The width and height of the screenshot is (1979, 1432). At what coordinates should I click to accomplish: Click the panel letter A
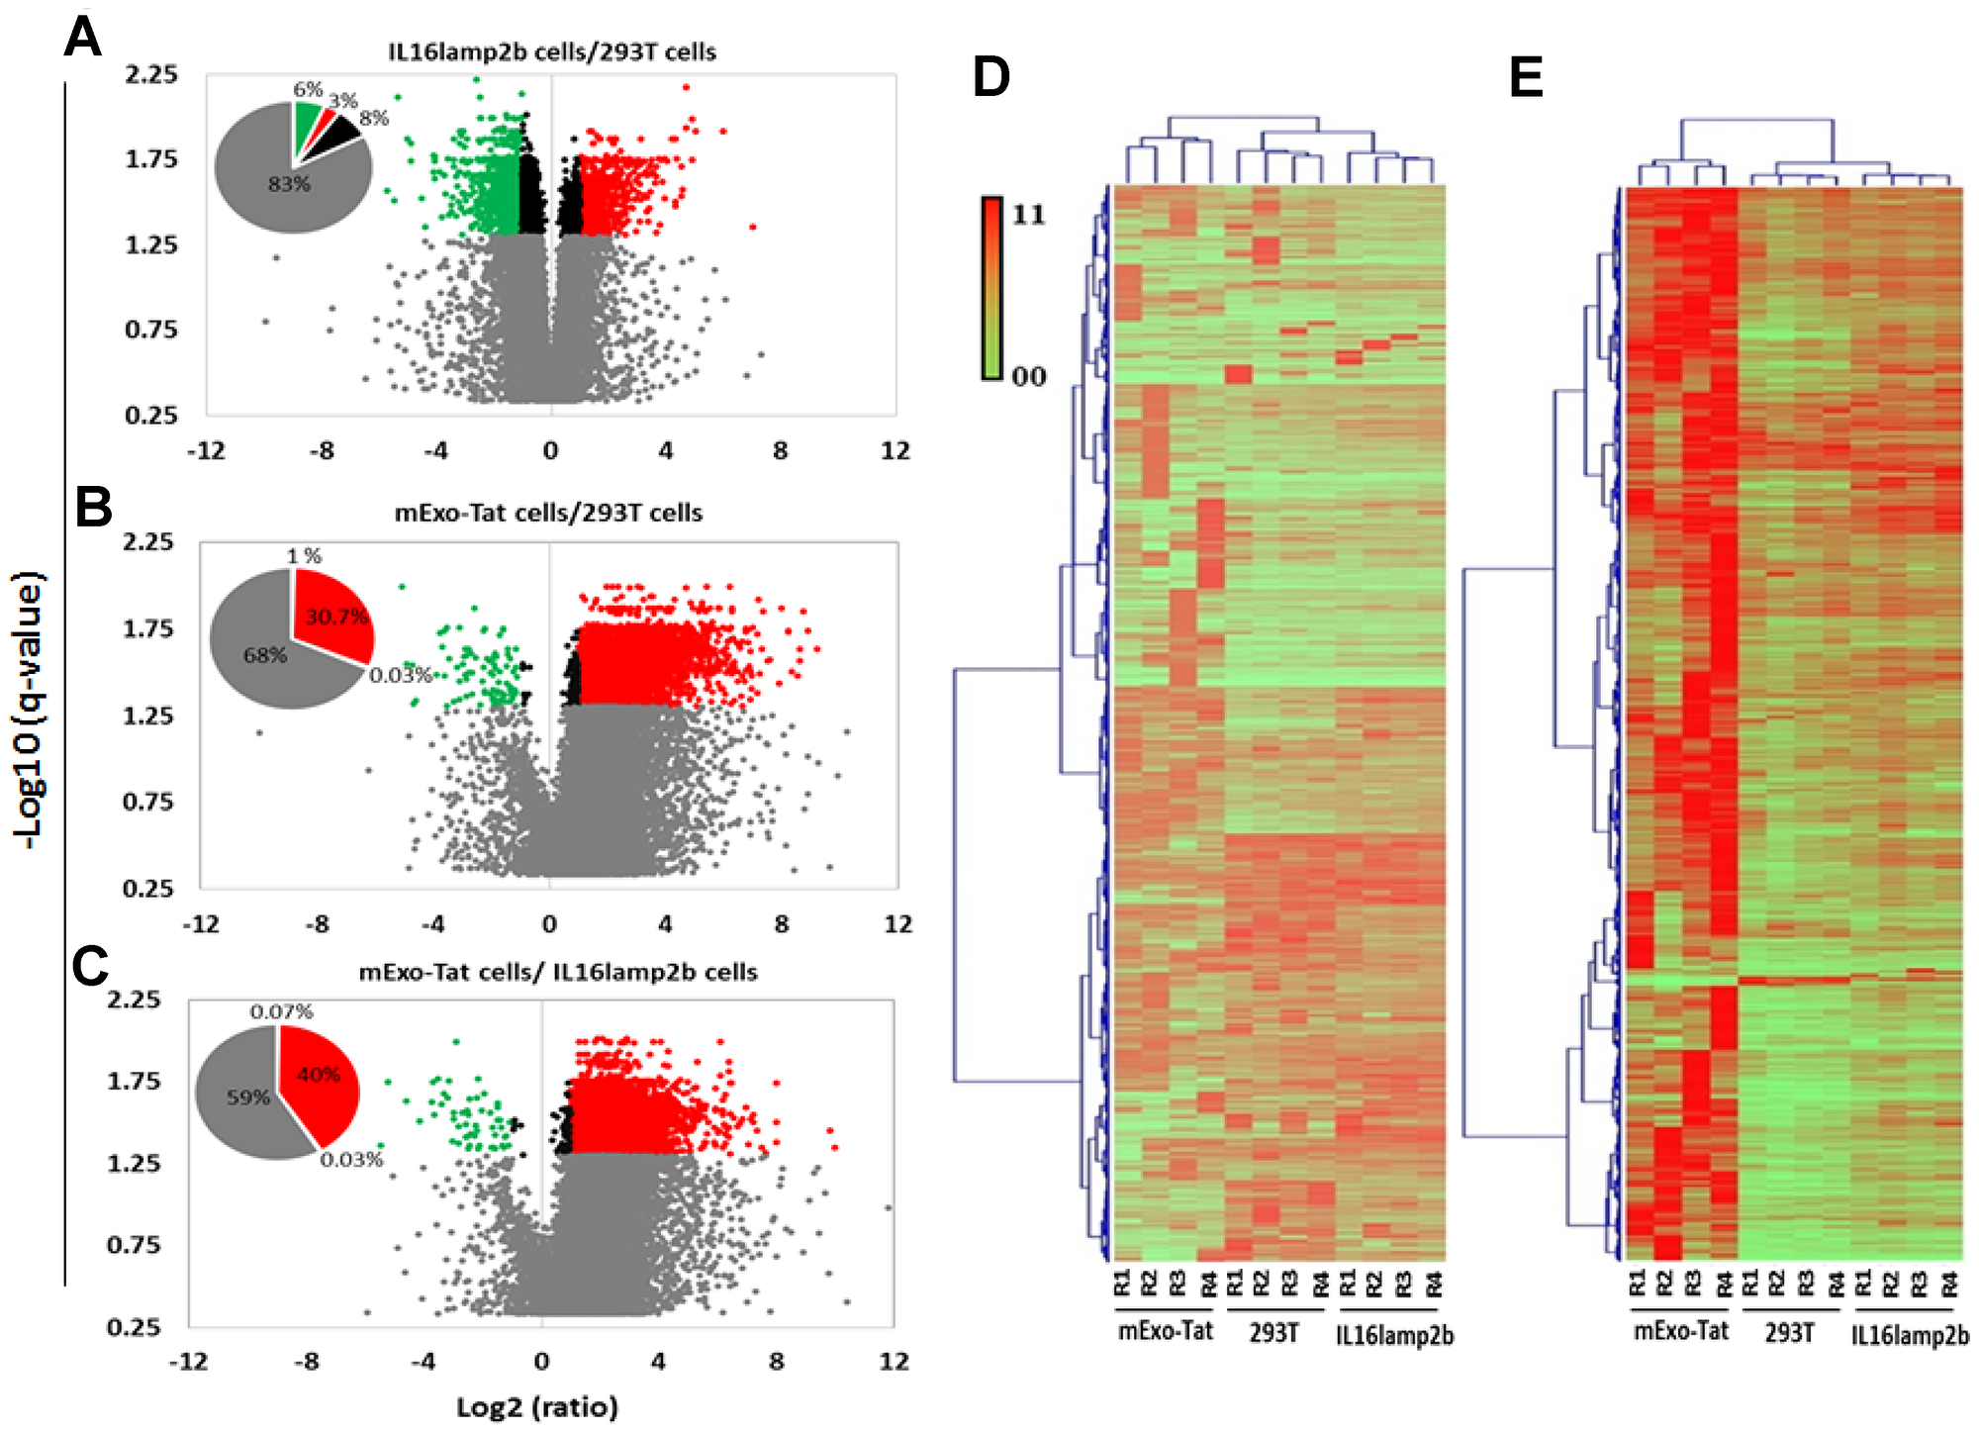[82, 39]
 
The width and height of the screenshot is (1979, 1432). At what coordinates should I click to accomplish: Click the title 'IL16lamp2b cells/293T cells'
[551, 51]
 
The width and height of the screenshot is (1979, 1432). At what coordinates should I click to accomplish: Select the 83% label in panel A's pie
[289, 184]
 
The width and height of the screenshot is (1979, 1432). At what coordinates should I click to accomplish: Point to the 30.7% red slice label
[336, 617]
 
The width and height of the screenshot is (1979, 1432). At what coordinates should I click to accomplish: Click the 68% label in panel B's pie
[265, 655]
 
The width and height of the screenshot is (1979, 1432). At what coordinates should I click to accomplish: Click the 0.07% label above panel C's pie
[281, 1011]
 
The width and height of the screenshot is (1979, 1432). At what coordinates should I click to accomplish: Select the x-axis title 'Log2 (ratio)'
[536, 1406]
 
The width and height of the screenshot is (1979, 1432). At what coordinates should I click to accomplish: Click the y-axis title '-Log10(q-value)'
[30, 709]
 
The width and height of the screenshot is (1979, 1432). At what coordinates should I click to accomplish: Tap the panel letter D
[990, 77]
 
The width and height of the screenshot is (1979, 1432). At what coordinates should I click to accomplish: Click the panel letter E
[1526, 77]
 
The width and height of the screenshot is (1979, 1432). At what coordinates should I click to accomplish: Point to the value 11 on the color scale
[1028, 215]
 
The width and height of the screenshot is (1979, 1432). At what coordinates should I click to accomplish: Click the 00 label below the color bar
[1028, 377]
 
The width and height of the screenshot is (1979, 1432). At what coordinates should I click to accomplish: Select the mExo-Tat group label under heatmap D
[1165, 1331]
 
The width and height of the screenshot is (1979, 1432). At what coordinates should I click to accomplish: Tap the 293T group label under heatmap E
[1789, 1333]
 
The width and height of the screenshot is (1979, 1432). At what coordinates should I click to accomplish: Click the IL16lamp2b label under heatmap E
[1909, 1335]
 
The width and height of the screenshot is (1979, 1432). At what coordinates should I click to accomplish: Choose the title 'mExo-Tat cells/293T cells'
[548, 513]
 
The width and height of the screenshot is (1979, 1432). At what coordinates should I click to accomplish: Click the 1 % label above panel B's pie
[304, 556]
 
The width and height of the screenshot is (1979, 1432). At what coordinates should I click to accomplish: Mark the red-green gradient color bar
[991, 287]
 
